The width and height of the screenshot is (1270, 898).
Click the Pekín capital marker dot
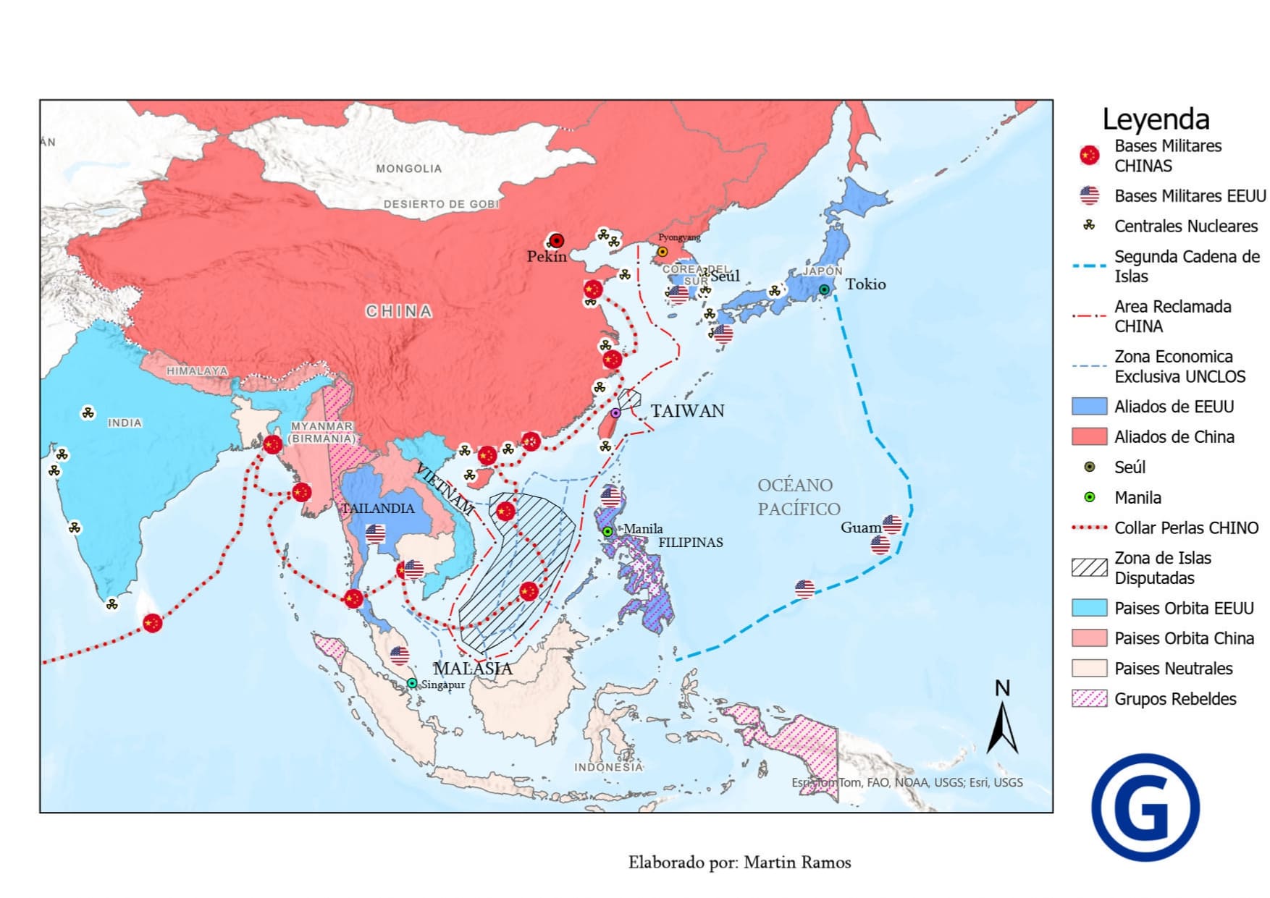(x=556, y=241)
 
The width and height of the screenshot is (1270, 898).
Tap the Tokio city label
(x=865, y=284)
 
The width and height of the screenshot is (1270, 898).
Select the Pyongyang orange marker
(x=662, y=252)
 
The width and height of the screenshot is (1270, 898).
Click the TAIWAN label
(x=687, y=411)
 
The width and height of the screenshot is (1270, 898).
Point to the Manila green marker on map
(x=607, y=532)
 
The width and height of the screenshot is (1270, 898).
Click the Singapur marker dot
(x=411, y=683)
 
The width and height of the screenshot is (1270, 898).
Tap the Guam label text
(x=860, y=528)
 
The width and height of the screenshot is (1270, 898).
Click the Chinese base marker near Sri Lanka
(x=152, y=623)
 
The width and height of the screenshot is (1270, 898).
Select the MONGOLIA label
(x=408, y=169)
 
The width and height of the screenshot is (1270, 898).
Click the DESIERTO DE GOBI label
(x=441, y=204)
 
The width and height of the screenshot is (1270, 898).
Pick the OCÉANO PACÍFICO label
(x=798, y=496)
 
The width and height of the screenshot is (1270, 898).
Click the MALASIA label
(x=473, y=669)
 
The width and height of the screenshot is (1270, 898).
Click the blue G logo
(x=1145, y=808)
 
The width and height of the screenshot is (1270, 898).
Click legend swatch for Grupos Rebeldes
(x=1089, y=698)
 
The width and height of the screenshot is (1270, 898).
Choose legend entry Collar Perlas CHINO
(x=1186, y=528)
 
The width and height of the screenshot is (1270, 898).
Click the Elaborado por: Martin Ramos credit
(x=739, y=863)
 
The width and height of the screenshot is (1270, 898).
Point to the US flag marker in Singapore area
(x=399, y=656)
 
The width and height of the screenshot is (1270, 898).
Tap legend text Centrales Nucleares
(x=1185, y=226)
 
